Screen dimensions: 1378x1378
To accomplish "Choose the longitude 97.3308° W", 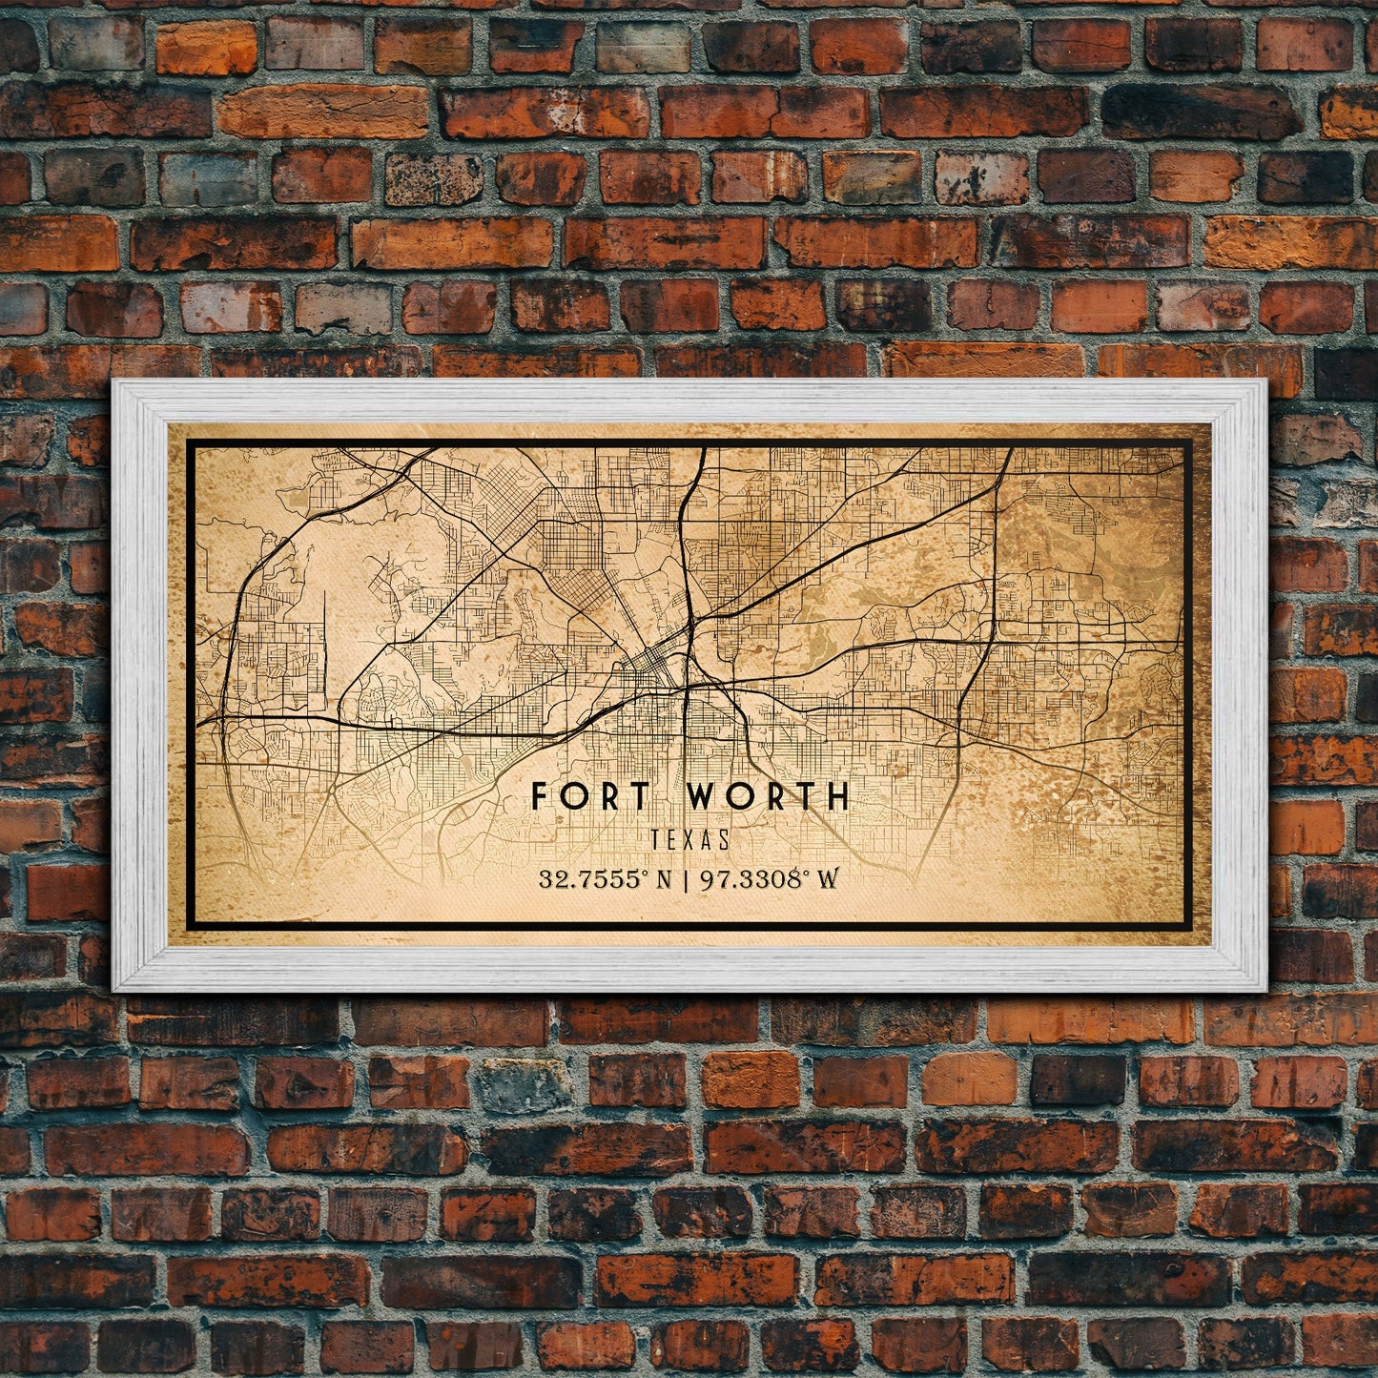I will [x=770, y=878].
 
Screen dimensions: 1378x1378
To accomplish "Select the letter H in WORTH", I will [x=836, y=795].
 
